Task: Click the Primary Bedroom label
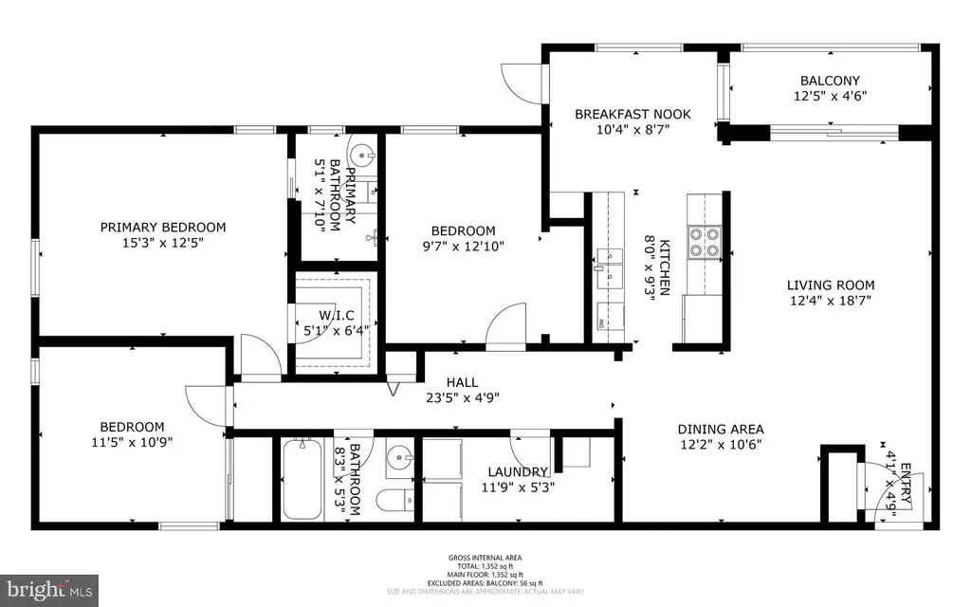(x=163, y=228)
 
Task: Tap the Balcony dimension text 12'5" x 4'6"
(x=830, y=96)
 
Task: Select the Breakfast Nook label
(x=632, y=114)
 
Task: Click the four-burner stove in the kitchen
(x=705, y=242)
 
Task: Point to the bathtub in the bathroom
(x=302, y=479)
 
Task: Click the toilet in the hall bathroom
(x=395, y=500)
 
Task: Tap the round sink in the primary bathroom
(x=362, y=153)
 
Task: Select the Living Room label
(x=831, y=285)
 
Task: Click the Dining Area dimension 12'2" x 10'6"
(x=721, y=444)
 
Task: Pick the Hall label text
(x=462, y=383)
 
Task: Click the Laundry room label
(x=518, y=472)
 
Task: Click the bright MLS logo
(x=49, y=590)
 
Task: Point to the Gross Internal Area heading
(x=485, y=558)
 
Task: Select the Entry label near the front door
(x=905, y=484)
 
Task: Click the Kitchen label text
(x=664, y=267)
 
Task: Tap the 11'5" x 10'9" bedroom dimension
(x=132, y=442)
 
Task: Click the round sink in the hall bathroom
(x=399, y=458)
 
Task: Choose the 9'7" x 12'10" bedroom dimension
(x=463, y=247)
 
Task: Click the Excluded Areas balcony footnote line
(x=485, y=583)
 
